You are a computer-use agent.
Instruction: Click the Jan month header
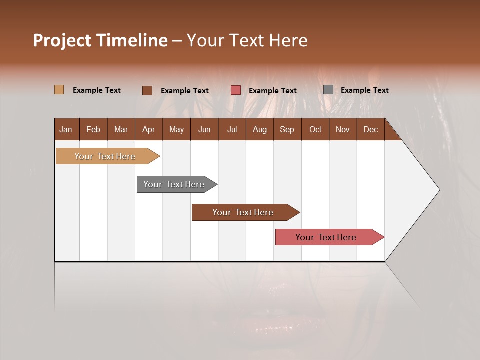coord(66,129)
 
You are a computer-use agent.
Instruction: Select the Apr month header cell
coord(148,129)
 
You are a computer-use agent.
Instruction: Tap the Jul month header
coord(232,129)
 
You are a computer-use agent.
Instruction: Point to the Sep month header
coord(287,129)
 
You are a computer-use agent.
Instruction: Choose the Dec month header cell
coord(370,129)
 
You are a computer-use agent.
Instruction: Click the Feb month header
coord(93,129)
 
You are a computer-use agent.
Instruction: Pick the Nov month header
coord(343,129)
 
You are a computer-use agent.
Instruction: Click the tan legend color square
coord(59,90)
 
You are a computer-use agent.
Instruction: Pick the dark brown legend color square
coord(147,90)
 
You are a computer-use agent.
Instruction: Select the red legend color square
coord(236,90)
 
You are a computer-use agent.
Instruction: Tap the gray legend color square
coord(328,90)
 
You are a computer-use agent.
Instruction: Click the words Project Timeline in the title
coord(100,40)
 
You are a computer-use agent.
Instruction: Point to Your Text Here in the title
coord(247,40)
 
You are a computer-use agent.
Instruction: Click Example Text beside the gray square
coord(364,90)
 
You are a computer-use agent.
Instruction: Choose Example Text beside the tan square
coord(97,90)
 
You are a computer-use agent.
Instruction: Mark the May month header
coord(176,129)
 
